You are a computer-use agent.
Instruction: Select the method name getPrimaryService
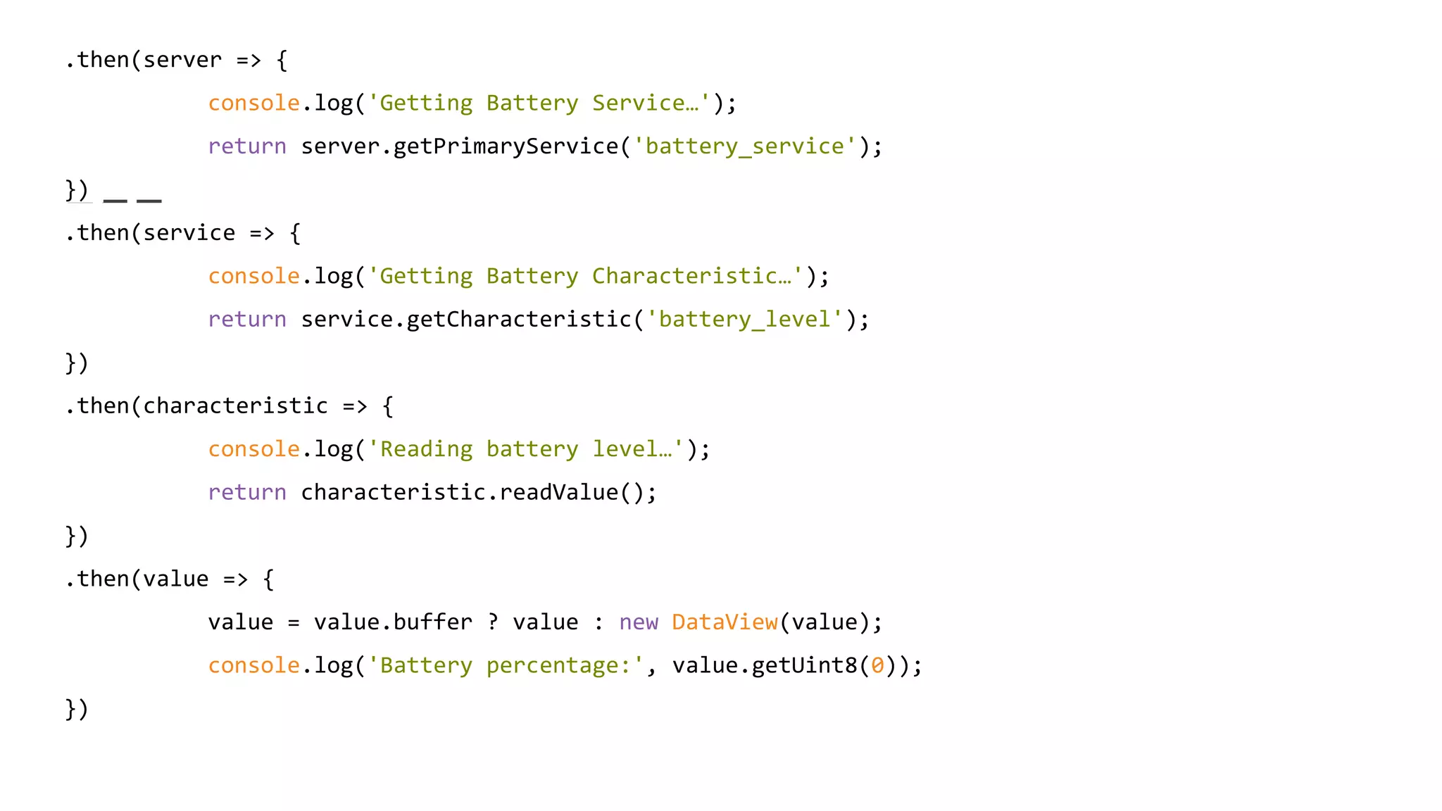click(x=506, y=146)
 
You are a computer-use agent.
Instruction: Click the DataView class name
click(x=725, y=622)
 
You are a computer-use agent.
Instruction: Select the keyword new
click(x=639, y=622)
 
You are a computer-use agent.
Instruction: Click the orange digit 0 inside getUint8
click(x=877, y=666)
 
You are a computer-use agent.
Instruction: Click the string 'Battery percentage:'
click(x=506, y=666)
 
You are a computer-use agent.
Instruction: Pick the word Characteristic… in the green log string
click(x=691, y=276)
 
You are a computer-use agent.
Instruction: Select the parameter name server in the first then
click(x=182, y=61)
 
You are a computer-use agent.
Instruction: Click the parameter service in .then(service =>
click(x=189, y=234)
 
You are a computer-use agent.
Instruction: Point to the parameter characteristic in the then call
click(x=235, y=407)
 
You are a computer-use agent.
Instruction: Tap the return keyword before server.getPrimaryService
click(x=247, y=146)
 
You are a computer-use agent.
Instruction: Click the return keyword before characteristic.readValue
click(x=247, y=493)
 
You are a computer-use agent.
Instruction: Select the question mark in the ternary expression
click(x=493, y=622)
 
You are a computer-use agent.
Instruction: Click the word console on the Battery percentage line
click(x=254, y=666)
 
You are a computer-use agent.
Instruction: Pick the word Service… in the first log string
click(x=645, y=103)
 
